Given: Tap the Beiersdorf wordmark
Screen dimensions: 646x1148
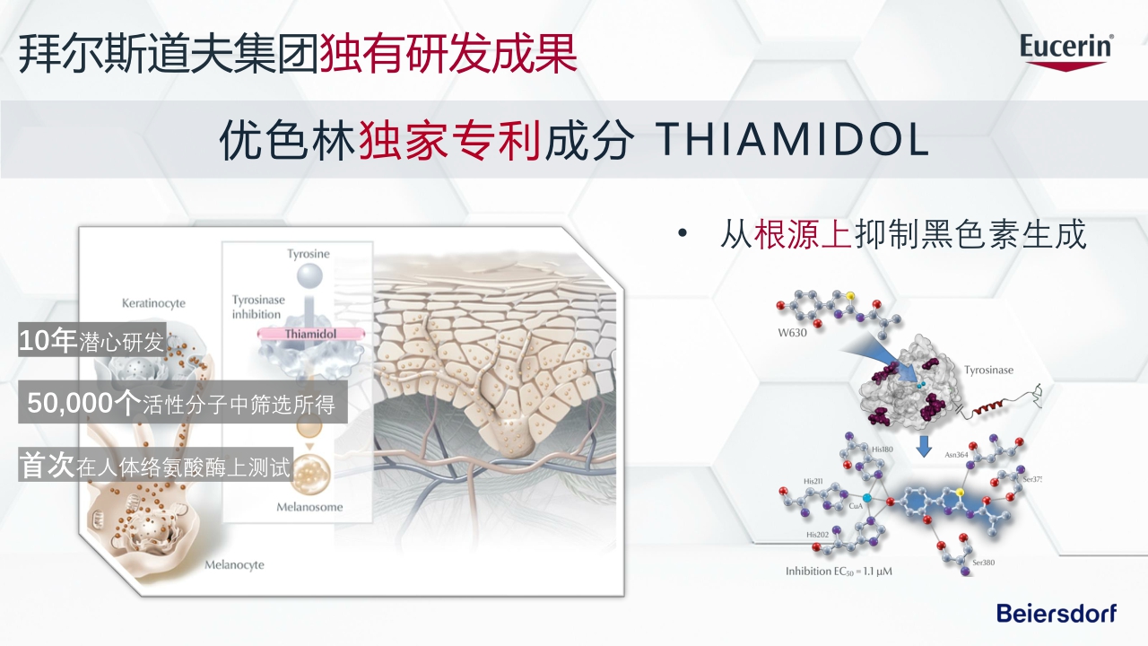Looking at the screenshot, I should pyautogui.click(x=1057, y=614).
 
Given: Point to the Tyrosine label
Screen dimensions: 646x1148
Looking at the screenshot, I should pyautogui.click(x=309, y=254).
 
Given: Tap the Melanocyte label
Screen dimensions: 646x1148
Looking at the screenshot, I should pyautogui.click(x=234, y=565).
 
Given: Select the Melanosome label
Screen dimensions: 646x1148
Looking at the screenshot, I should pyautogui.click(x=309, y=507).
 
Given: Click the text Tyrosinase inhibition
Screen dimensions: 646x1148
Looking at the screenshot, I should pyautogui.click(x=257, y=307).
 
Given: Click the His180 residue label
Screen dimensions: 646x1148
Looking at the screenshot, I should pyautogui.click(x=883, y=449).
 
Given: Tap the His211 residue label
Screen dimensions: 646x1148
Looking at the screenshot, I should pyautogui.click(x=814, y=482).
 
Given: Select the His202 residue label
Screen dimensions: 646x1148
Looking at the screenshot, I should pyautogui.click(x=817, y=535).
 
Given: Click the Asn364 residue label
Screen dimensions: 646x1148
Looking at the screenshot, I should pyautogui.click(x=956, y=455).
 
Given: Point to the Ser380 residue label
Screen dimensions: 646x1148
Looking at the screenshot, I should pyautogui.click(x=984, y=563).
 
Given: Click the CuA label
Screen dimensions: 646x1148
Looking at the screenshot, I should pyautogui.click(x=855, y=505).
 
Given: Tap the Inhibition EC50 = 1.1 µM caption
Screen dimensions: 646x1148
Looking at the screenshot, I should pyautogui.click(x=839, y=572).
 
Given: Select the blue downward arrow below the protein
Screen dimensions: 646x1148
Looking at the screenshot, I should pyautogui.click(x=924, y=444).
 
